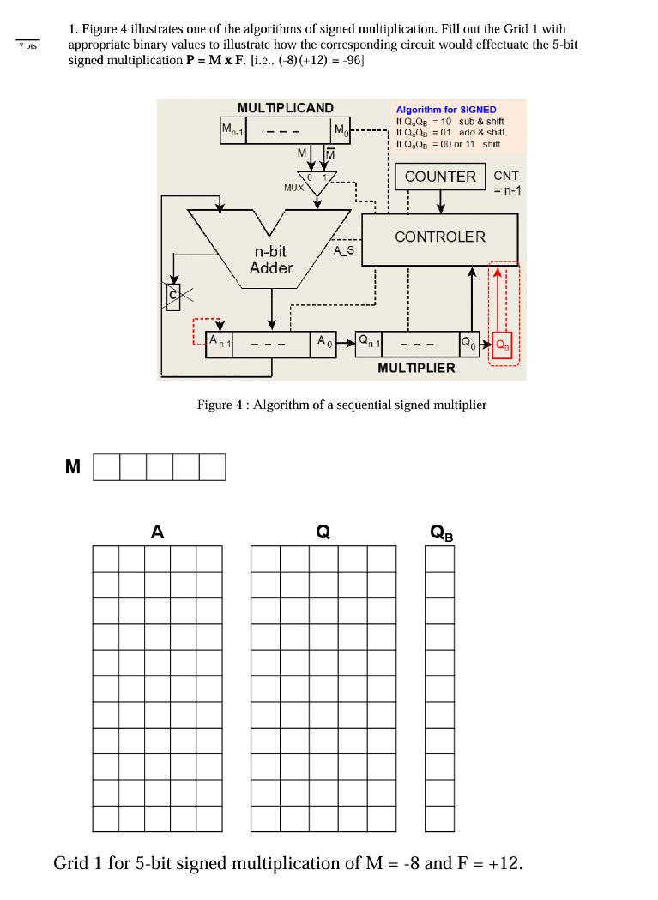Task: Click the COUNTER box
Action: tap(440, 177)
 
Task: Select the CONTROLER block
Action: tap(439, 237)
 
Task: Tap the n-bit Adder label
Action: tap(271, 260)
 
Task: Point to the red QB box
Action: tap(502, 346)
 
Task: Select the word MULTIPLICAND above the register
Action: tap(285, 108)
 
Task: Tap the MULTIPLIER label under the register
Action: tap(416, 368)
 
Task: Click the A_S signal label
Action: tap(343, 250)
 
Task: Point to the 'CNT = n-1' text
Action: tap(506, 183)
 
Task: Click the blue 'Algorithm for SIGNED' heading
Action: tap(445, 110)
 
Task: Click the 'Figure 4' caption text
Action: tap(341, 405)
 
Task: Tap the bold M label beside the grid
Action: tap(73, 467)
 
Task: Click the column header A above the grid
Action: tap(157, 532)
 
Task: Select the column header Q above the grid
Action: tap(323, 532)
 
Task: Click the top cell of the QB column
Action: tap(439, 559)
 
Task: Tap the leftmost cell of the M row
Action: tap(106, 467)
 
